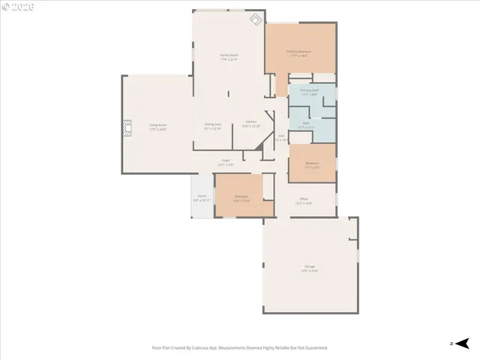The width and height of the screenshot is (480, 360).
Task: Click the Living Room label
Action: tap(157, 126)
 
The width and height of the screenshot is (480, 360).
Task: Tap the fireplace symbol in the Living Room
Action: tap(127, 128)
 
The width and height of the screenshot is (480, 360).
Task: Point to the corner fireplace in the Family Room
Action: tap(256, 19)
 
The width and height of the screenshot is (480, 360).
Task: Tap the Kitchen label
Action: tap(250, 122)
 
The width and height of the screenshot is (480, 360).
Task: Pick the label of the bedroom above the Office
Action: tap(312, 164)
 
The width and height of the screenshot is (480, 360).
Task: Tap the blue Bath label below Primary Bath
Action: tap(306, 124)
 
